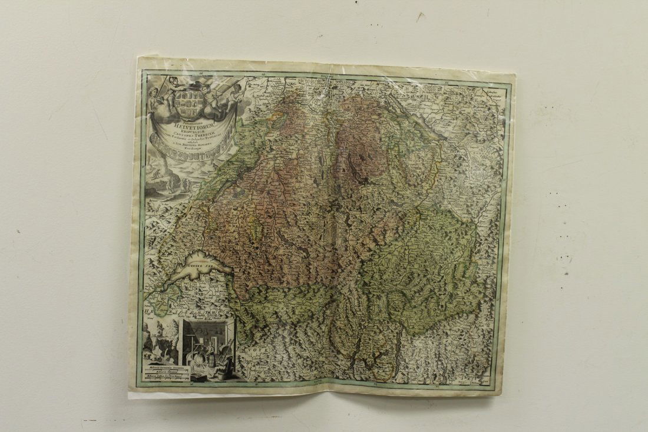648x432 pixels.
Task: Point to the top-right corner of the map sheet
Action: point(514,74)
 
